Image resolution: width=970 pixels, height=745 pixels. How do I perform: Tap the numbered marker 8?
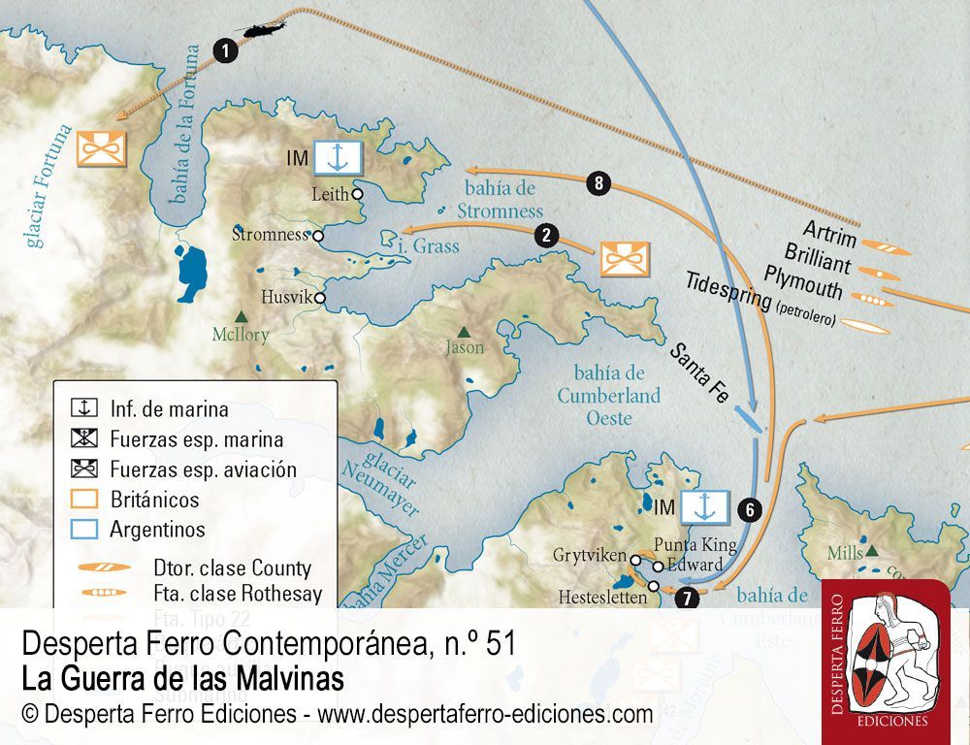coord(600,182)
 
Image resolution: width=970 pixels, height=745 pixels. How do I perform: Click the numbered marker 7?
coord(688,598)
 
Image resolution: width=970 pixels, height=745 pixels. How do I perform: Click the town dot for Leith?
coord(357,194)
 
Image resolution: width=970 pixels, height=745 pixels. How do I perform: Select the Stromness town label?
coord(270,234)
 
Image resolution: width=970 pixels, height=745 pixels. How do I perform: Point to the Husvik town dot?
coord(319,298)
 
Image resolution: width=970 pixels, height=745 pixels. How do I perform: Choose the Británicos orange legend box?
coord(86,501)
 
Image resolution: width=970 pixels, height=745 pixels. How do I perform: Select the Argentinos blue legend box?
coord(86,530)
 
